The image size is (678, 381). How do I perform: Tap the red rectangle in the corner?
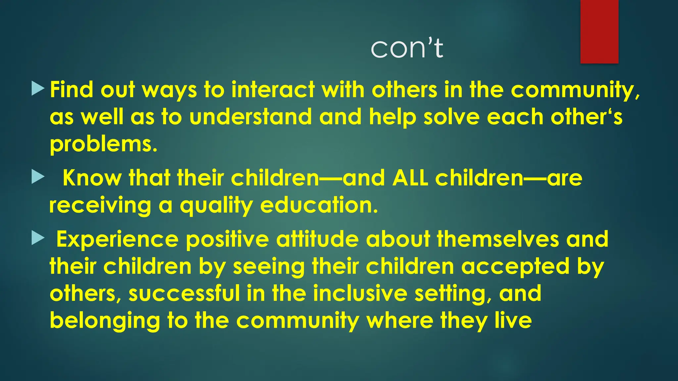tap(599, 31)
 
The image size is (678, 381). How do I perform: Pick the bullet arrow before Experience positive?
tap(38, 238)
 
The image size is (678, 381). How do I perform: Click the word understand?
tap(251, 117)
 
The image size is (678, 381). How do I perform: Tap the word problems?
tap(103, 145)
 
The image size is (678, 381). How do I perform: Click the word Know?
tap(92, 178)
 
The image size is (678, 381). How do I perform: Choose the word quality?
tap(216, 205)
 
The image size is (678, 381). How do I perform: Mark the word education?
tap(319, 205)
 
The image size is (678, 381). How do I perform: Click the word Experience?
tap(117, 239)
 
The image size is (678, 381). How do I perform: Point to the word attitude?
tap(317, 239)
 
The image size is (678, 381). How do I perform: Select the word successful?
tap(184, 294)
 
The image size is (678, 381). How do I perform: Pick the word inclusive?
tap(360, 294)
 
